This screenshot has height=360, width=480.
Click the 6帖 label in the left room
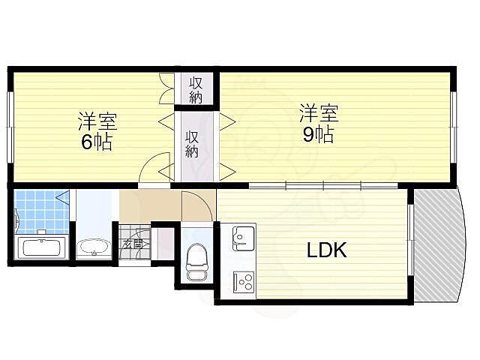point(97,142)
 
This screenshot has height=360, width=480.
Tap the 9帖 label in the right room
point(319,135)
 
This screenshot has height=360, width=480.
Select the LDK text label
point(326,250)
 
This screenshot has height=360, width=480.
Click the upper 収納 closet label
point(196,89)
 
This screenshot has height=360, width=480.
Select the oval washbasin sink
point(94,247)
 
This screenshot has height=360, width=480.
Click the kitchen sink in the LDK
point(243,238)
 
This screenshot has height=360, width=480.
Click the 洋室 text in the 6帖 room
point(97,121)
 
